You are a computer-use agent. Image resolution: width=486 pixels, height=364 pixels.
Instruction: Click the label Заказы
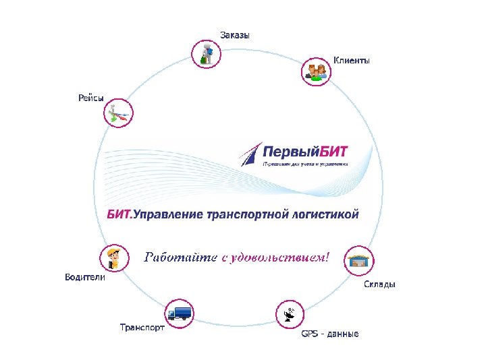pyautogui.click(x=234, y=35)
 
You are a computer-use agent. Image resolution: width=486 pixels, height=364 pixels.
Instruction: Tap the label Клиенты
pyautogui.click(x=351, y=61)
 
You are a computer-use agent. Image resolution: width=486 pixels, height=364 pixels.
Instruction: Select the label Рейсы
pyautogui.click(x=90, y=99)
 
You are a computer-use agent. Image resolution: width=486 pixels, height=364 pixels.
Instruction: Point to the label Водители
pyautogui.click(x=84, y=277)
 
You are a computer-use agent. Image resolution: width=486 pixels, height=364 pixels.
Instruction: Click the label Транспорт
pyautogui.click(x=142, y=328)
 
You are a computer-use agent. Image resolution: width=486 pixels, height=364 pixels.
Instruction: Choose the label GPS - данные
pyautogui.click(x=329, y=334)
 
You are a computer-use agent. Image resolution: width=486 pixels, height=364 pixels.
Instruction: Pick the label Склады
pyautogui.click(x=379, y=284)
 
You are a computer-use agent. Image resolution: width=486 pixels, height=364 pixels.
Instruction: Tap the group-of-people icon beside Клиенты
pyautogui.click(x=315, y=70)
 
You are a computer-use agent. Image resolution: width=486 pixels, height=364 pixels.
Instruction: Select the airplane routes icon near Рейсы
pyautogui.click(x=119, y=113)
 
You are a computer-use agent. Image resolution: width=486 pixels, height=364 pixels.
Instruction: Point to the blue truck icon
pyautogui.click(x=180, y=313)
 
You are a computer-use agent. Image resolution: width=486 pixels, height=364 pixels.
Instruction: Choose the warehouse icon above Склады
pyautogui.click(x=358, y=261)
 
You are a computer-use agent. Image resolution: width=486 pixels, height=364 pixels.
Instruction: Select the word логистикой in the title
pyautogui.click(x=322, y=214)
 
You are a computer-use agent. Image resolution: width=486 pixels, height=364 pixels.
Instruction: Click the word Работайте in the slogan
pyautogui.click(x=178, y=257)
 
